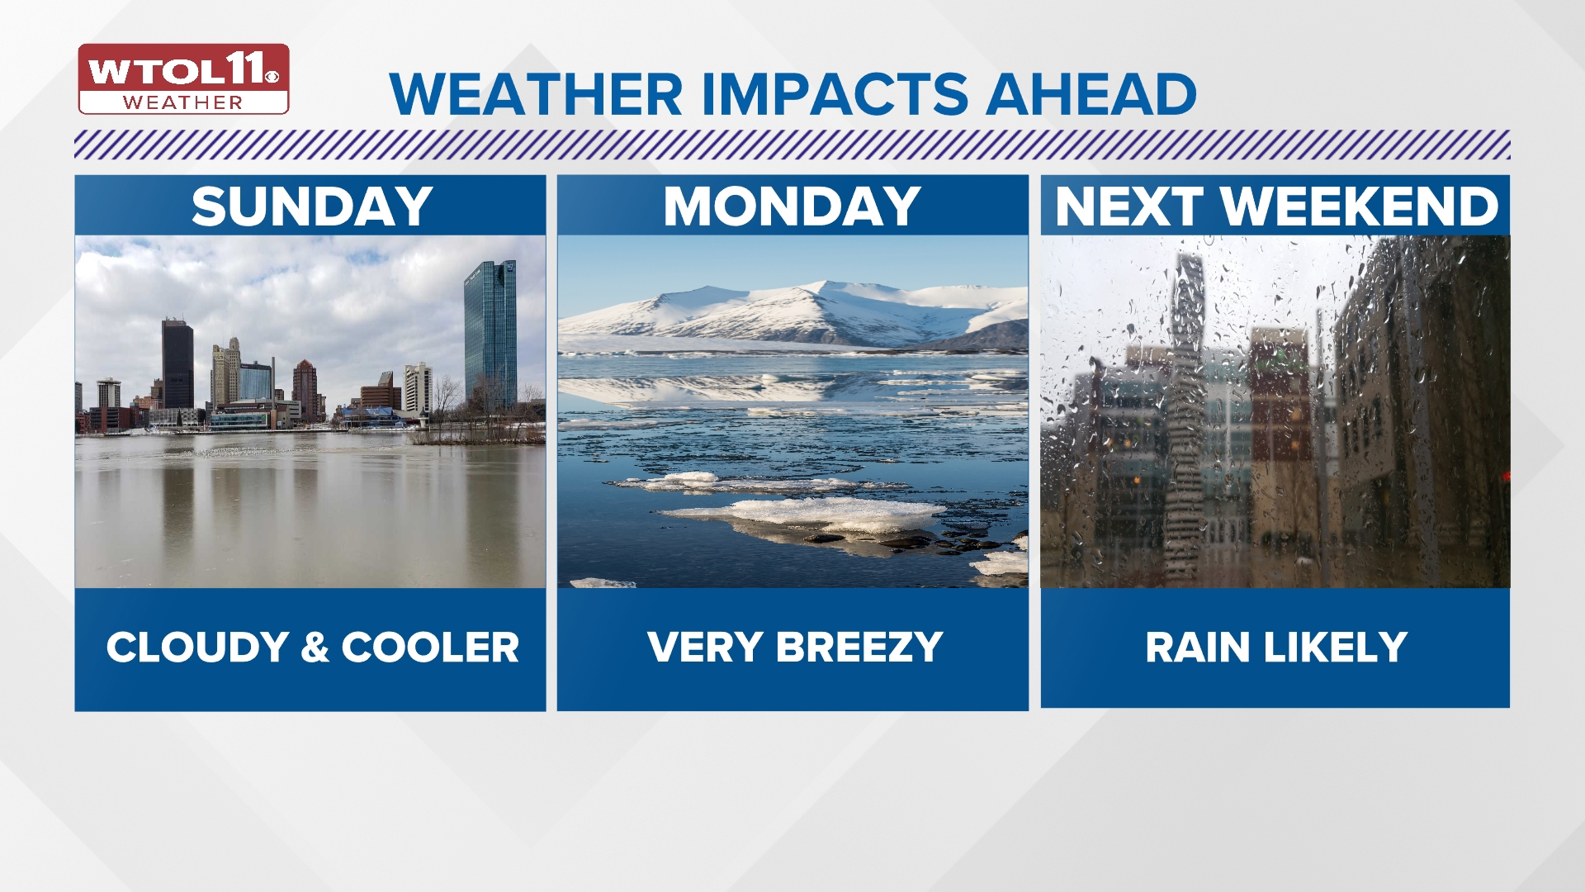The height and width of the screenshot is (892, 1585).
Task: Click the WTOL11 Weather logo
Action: coord(183,79)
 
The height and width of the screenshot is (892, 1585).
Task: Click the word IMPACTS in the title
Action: coord(834,94)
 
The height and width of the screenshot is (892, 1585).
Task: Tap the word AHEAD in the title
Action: coord(1091,94)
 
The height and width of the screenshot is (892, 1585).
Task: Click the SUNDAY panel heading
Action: coord(312,206)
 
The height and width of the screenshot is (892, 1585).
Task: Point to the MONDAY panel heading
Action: coord(792,206)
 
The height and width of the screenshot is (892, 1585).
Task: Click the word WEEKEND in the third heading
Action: coord(1360,206)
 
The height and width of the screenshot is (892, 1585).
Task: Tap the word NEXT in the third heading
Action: coord(1128,206)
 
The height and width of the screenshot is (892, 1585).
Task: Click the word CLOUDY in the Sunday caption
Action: coord(197,648)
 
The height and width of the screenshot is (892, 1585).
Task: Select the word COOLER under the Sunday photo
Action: coord(431,648)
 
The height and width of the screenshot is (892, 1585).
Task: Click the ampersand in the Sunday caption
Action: coord(315,648)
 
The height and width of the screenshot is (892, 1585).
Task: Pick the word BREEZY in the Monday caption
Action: coord(859,648)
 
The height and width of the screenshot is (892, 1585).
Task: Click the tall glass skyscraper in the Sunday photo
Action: coord(490,334)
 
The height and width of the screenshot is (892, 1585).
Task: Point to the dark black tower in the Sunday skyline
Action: coord(177,363)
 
